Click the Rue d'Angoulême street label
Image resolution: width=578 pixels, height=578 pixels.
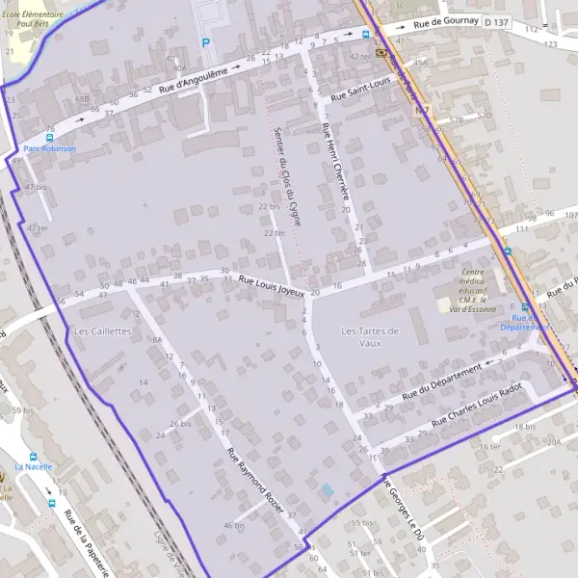194,80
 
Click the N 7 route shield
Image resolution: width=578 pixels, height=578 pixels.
422,111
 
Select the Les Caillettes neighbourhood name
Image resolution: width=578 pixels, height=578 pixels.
102,330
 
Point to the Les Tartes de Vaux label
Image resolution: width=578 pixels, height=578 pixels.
370,336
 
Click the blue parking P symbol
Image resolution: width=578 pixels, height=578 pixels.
204,42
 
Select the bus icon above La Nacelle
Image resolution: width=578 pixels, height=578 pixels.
33,456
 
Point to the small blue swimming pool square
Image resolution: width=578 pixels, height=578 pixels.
328,490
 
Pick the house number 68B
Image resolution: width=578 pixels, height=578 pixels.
82,98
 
